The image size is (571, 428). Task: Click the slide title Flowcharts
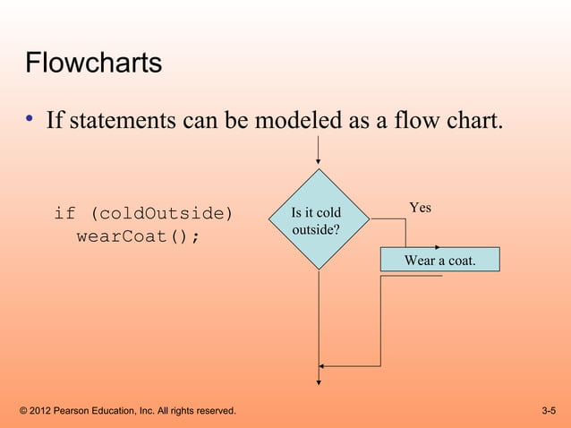coord(93,64)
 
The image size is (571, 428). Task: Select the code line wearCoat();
coord(138,237)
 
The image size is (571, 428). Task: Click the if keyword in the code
coord(64,214)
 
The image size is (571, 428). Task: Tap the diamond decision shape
coord(318,219)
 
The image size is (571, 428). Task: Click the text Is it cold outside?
coord(316,221)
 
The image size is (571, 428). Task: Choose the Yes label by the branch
coord(420,208)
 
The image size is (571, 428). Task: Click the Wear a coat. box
coord(439,260)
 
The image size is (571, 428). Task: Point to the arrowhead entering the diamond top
coord(318,164)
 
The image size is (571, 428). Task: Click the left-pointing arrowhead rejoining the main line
coord(323,365)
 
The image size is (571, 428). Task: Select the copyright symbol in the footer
coord(22,411)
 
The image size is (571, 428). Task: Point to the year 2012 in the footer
coord(41,411)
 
